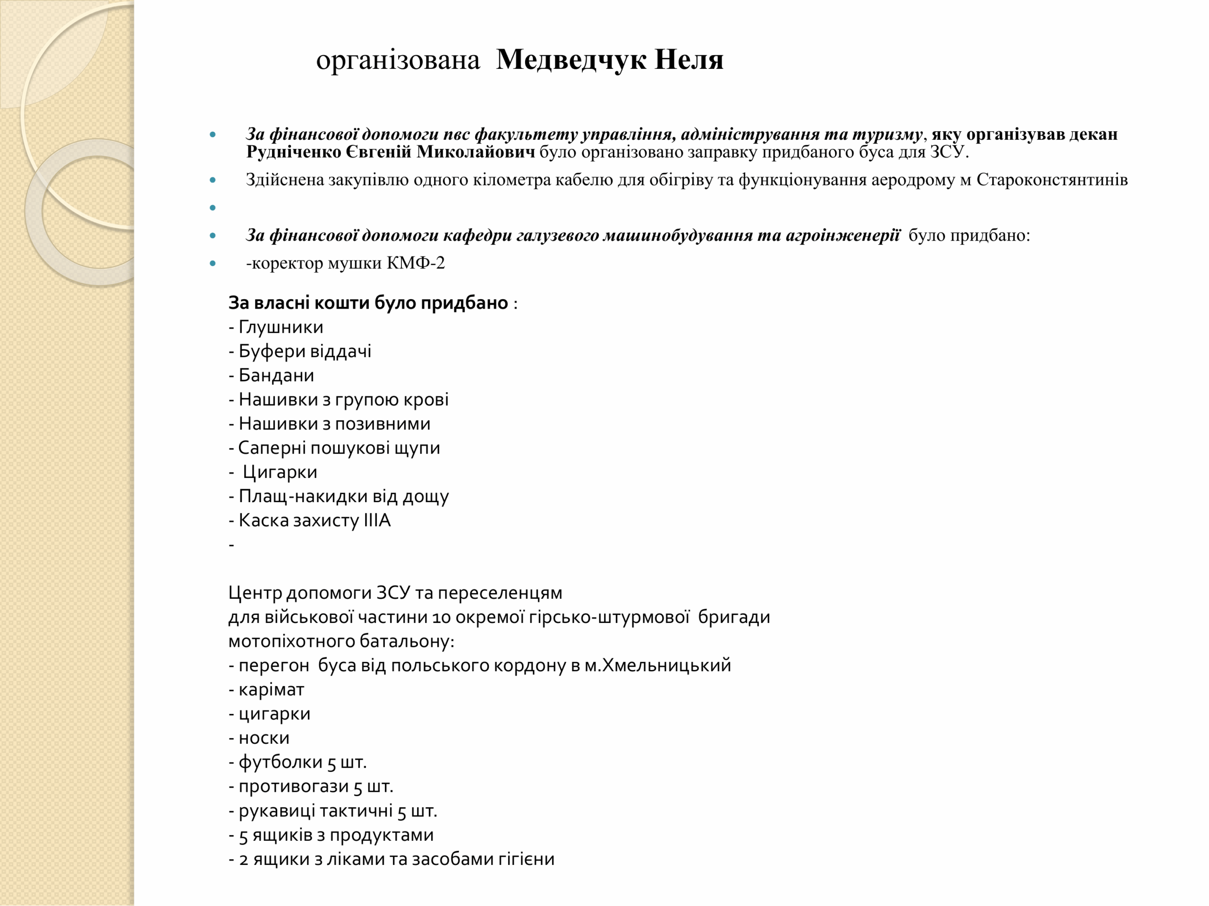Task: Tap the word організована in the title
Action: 398,60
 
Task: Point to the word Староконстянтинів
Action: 1052,180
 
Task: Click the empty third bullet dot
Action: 213,208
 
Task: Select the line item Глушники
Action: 281,327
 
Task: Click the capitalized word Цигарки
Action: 280,472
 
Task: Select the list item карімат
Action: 271,690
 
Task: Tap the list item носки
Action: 264,738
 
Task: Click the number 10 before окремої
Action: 441,618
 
